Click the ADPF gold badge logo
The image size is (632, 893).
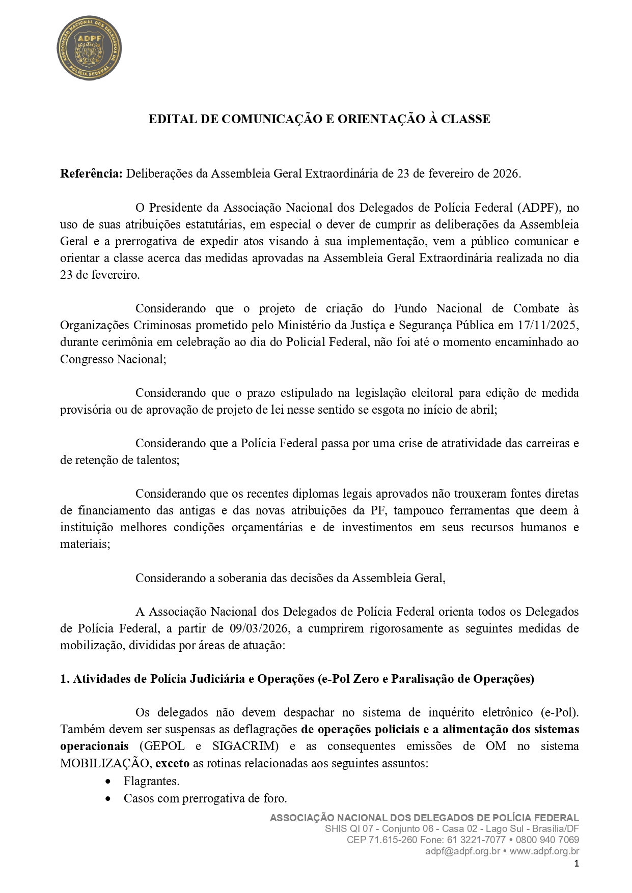coord(89,48)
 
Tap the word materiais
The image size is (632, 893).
coord(85,544)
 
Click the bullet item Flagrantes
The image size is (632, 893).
coord(151,781)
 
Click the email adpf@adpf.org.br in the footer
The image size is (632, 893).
coord(462,851)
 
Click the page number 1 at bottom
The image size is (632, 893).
coord(576,863)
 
